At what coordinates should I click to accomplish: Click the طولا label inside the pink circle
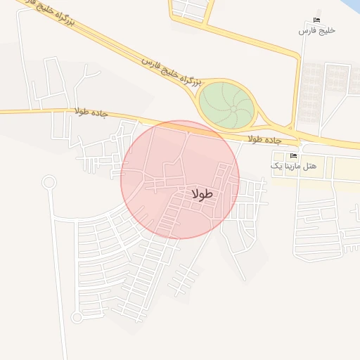(202, 194)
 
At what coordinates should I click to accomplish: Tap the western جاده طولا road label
(91, 112)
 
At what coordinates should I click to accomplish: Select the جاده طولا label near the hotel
(264, 139)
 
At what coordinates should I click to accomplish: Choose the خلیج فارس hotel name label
(317, 31)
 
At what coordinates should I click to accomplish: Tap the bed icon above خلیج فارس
(317, 20)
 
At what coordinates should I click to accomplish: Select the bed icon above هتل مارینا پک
(293, 155)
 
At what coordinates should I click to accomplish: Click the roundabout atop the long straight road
(49, 183)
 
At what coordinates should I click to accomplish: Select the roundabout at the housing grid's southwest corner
(77, 317)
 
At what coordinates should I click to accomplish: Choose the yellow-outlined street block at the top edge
(191, 10)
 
